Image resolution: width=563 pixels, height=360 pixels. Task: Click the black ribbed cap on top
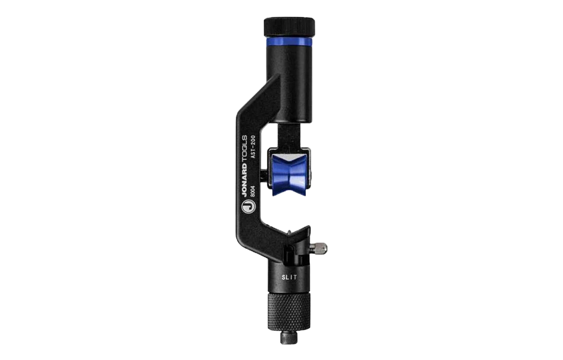(289, 27)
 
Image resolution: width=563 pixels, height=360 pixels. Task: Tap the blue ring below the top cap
(289, 43)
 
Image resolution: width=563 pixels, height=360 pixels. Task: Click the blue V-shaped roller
(289, 175)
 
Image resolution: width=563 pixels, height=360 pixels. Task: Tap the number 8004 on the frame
(253, 191)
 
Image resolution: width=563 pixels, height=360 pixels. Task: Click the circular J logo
(248, 207)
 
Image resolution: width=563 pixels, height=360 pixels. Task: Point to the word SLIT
(289, 277)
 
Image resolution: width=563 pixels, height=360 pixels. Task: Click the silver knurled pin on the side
(318, 247)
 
